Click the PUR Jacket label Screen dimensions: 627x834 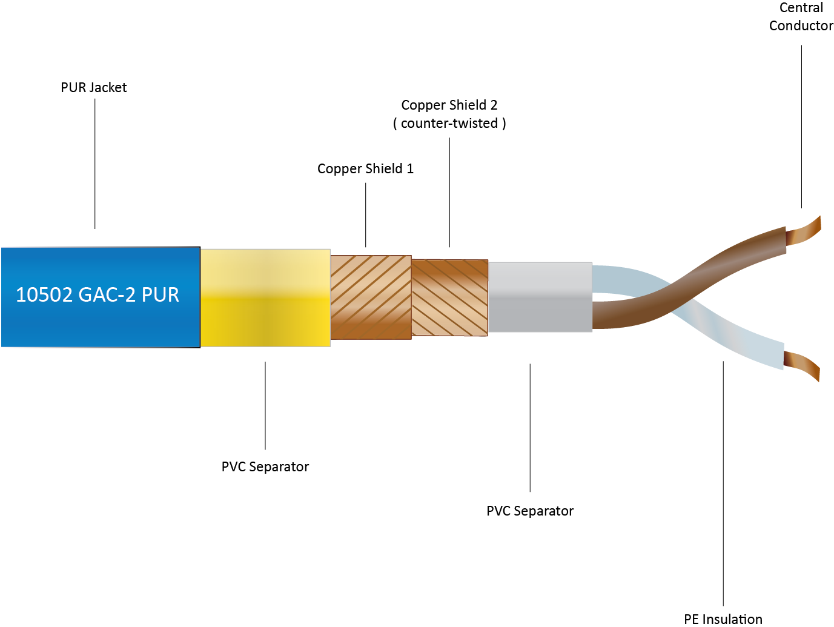94,87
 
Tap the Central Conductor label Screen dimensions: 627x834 801,17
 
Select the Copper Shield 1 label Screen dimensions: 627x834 365,168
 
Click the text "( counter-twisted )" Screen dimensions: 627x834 449,124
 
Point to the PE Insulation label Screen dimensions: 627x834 723,619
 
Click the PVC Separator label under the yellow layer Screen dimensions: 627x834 265,466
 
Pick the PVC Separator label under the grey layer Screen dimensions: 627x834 530,511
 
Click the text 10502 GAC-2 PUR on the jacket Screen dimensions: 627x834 98,294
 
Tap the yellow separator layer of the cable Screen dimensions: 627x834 265,297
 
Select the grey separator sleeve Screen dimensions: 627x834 540,297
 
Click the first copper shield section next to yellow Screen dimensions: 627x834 371,297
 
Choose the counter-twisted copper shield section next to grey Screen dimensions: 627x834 449,297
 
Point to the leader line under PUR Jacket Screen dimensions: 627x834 95,164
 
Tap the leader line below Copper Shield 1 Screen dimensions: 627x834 366,215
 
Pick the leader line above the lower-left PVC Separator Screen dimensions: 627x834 265,405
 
